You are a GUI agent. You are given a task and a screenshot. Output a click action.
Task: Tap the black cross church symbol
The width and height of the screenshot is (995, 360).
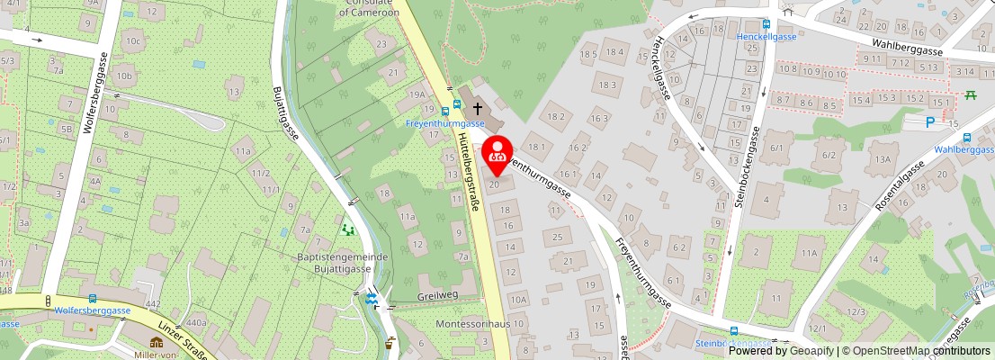(477, 106)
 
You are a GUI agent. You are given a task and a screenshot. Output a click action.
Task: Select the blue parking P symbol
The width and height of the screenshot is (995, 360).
(930, 122)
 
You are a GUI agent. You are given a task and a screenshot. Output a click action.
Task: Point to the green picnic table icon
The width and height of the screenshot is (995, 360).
(971, 94)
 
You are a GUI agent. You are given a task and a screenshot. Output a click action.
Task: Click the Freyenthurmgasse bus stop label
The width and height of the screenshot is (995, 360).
(446, 123)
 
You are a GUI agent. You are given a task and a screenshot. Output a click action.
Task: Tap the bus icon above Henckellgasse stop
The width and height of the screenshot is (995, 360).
(766, 25)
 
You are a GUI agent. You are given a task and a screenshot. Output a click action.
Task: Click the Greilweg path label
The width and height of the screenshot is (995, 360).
(438, 296)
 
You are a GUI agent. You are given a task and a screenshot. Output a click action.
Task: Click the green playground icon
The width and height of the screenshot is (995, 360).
(348, 229)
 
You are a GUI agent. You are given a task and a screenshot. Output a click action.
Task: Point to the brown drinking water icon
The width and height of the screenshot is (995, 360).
(390, 343)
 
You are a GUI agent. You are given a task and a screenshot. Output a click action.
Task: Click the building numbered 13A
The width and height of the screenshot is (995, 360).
(883, 159)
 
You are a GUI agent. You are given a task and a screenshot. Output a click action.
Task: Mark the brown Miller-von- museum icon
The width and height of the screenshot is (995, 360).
(157, 343)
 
